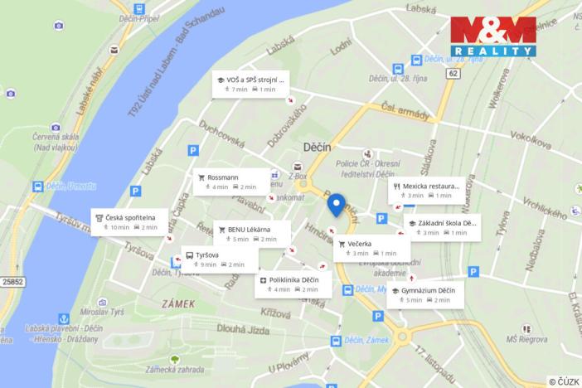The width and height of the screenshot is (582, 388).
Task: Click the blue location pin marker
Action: [336, 204]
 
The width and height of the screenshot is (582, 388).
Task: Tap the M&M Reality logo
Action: [492, 36]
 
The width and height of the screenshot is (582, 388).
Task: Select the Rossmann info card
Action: [232, 182]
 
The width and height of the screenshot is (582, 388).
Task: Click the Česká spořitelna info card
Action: [128, 222]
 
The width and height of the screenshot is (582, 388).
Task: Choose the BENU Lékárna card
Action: [253, 234]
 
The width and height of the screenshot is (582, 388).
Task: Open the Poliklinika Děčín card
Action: [294, 284]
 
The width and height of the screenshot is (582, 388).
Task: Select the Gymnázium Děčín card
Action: [425, 295]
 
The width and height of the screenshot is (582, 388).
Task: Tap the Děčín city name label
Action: [317, 147]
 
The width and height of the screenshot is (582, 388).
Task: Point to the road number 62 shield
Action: [452, 75]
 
